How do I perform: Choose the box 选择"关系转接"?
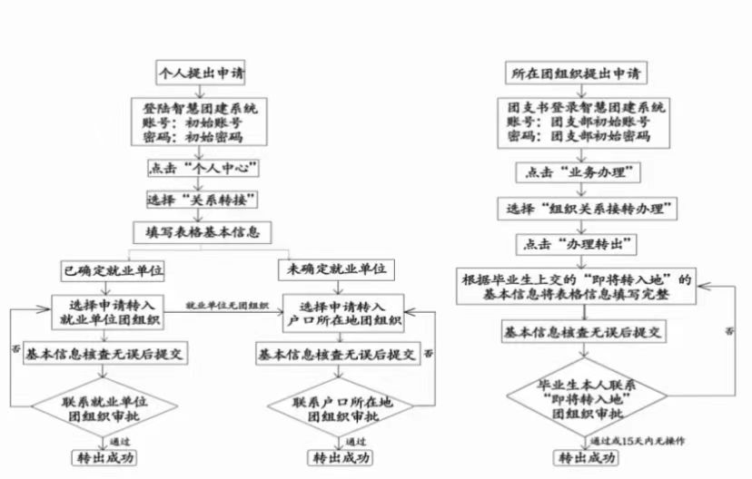pyautogui.click(x=203, y=199)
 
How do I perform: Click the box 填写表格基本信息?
pyautogui.click(x=203, y=231)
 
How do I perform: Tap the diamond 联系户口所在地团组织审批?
pyautogui.click(x=338, y=409)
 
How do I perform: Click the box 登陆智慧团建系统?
pyautogui.click(x=199, y=121)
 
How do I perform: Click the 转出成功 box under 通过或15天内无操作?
pyautogui.click(x=588, y=459)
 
